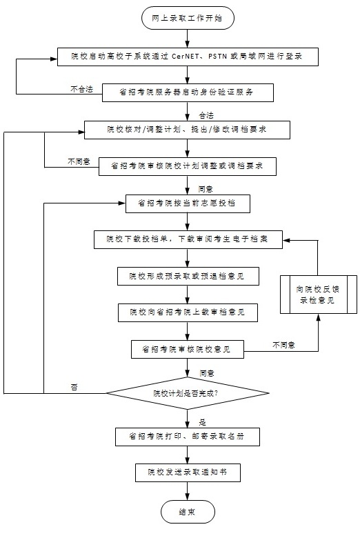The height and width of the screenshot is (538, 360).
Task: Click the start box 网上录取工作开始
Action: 188,18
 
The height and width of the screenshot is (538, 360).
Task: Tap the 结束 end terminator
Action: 188,512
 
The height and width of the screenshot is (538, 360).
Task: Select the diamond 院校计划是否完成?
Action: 188,393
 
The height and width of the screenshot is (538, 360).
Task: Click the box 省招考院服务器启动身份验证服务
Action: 188,92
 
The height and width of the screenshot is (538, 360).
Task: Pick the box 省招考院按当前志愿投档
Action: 188,203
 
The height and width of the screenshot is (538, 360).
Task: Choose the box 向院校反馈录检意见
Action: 319,295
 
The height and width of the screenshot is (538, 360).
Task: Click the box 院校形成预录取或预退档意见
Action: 188,276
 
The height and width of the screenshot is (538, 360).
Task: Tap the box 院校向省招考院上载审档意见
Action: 188,312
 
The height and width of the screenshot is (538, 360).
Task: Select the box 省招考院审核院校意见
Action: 188,349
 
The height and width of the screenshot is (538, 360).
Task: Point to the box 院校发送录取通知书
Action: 188,472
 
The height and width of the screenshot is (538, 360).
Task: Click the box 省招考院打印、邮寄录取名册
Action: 188,437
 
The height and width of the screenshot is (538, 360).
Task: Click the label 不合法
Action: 81,89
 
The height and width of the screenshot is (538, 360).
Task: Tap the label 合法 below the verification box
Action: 206,115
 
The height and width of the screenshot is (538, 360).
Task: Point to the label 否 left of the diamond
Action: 74,388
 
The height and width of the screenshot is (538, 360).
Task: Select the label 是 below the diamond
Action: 203,422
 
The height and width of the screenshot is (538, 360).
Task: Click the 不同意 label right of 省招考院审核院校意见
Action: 284,345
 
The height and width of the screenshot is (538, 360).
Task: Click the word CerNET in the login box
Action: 186,56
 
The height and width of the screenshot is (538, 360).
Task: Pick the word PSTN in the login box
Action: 217,56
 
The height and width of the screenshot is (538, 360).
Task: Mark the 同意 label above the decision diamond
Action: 207,373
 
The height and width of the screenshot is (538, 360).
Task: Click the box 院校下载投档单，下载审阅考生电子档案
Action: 188,239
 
